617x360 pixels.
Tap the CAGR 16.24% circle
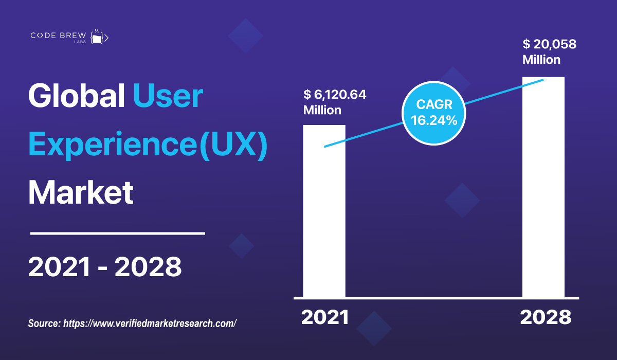pyautogui.click(x=434, y=113)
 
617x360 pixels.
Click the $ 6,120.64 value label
pyautogui.click(x=335, y=95)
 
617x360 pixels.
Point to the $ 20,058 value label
pyautogui.click(x=549, y=44)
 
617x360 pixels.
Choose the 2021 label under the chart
pyautogui.click(x=325, y=317)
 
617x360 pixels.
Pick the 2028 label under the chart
pyautogui.click(x=546, y=317)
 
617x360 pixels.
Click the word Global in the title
pyautogui.click(x=76, y=96)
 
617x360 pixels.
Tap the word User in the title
pyautogui.click(x=168, y=96)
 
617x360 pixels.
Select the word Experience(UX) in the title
pyautogui.click(x=148, y=145)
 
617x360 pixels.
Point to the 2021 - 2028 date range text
pyautogui.click(x=105, y=267)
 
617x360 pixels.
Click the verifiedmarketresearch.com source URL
pyautogui.click(x=150, y=323)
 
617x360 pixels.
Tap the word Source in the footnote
pyautogui.click(x=44, y=323)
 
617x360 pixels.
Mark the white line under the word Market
pyautogui.click(x=117, y=233)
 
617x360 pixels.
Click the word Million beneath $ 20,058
pyautogui.click(x=541, y=60)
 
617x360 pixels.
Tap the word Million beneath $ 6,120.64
pyautogui.click(x=322, y=110)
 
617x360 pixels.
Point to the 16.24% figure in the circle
pyautogui.click(x=434, y=121)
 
